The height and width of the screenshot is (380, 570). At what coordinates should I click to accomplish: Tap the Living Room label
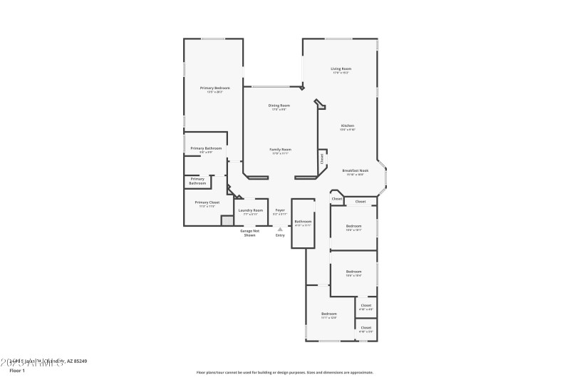pyautogui.click(x=341, y=69)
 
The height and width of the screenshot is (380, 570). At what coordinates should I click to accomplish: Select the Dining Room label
pyautogui.click(x=279, y=106)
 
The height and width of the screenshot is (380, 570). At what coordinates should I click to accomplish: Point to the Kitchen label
pyautogui.click(x=347, y=126)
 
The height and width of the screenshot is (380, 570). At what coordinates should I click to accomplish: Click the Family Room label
pyautogui.click(x=280, y=150)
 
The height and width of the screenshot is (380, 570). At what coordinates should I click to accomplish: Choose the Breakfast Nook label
pyautogui.click(x=355, y=171)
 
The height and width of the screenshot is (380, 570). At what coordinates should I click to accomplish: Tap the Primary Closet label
pyautogui.click(x=207, y=202)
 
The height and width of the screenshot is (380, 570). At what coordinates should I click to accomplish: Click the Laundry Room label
pyautogui.click(x=250, y=210)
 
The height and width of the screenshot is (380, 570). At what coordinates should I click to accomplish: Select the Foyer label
pyautogui.click(x=280, y=210)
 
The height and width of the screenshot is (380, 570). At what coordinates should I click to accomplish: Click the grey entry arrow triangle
pyautogui.click(x=280, y=229)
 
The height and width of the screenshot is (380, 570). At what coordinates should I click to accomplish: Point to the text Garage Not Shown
pyautogui.click(x=249, y=232)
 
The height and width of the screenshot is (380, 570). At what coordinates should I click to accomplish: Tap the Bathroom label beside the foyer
pyautogui.click(x=303, y=222)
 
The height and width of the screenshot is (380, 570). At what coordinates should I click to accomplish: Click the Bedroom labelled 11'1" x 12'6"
pyautogui.click(x=328, y=314)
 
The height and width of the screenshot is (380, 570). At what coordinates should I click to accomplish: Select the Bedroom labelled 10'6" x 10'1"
pyautogui.click(x=354, y=227)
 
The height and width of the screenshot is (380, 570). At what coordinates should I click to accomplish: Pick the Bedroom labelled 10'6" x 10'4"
pyautogui.click(x=354, y=272)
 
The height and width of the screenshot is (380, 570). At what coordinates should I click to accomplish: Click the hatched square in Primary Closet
pyautogui.click(x=226, y=221)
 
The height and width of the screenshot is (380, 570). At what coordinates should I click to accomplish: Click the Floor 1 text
pyautogui.click(x=16, y=371)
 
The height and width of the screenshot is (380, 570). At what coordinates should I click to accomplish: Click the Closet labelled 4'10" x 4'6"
pyautogui.click(x=366, y=306)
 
